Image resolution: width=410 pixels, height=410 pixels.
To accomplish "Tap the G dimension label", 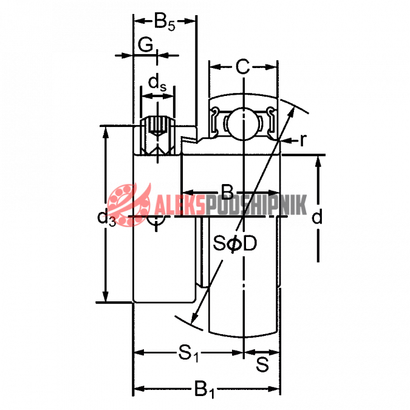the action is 145,45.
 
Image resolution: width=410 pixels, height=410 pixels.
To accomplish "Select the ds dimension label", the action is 157,83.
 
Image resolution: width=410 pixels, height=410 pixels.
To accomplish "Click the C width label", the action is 242,67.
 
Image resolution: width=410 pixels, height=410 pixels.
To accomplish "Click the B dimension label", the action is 227,192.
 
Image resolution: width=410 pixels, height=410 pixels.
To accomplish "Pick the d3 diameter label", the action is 106,218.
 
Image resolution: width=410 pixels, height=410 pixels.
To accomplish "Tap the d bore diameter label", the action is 316,216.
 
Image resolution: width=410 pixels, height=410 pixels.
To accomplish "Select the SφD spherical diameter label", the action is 234,244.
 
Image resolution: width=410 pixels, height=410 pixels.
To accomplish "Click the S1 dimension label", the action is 188,354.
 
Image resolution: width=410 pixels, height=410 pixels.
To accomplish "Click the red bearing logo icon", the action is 129,205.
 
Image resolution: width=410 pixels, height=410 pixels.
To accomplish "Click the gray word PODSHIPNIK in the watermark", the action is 256,205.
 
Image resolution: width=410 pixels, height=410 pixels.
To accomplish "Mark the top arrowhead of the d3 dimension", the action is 105,133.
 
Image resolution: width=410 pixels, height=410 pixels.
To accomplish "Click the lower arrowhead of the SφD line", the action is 194,317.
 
